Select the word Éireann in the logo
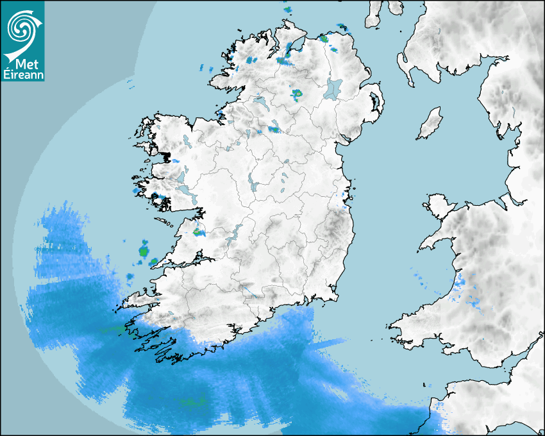coord(23,75)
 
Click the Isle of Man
coord(430,124)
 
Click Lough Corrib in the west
coord(183,175)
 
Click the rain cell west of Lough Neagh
coord(297,94)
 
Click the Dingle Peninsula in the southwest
coord(138,298)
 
